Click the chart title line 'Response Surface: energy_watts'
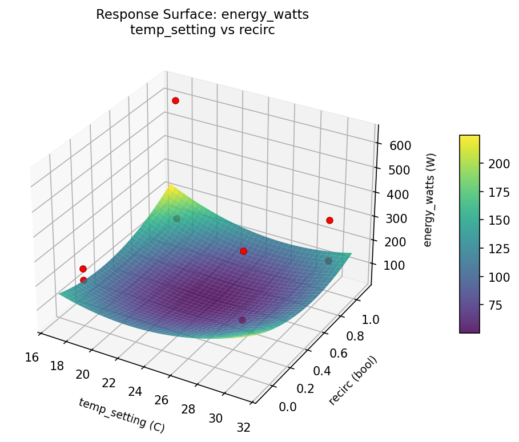click(x=202, y=15)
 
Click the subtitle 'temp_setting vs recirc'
click(x=202, y=30)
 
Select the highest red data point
click(x=175, y=100)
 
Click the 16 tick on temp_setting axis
click(x=32, y=357)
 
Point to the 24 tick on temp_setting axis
click(x=135, y=391)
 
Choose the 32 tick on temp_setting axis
click(x=243, y=427)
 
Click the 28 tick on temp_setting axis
click(x=188, y=409)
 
